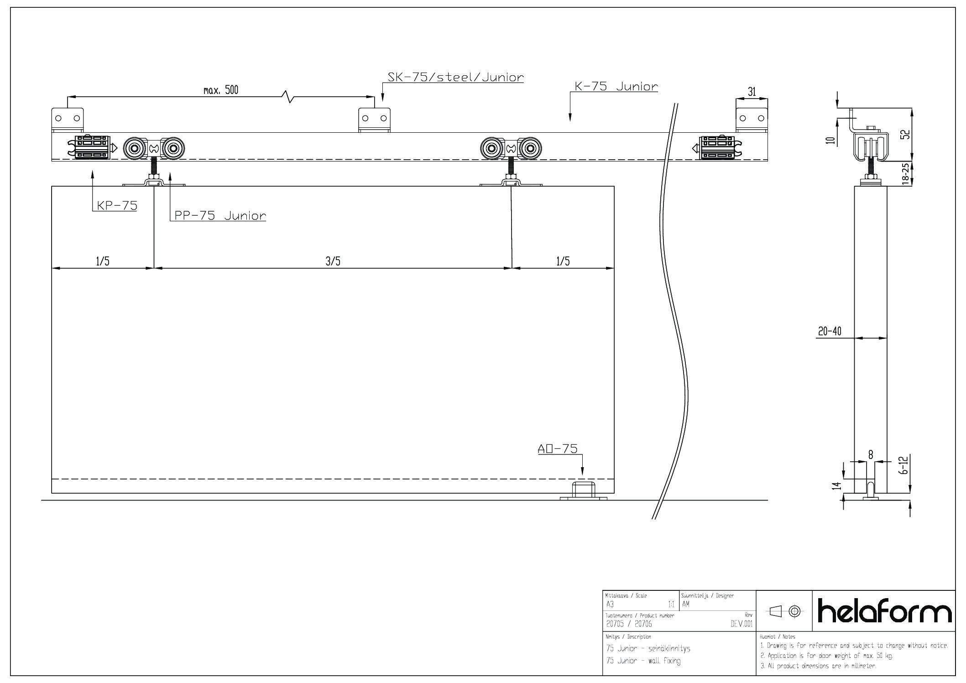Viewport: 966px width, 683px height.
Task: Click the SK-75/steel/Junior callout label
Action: pyautogui.click(x=455, y=77)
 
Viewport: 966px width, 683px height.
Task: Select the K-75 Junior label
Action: pyautogui.click(x=616, y=87)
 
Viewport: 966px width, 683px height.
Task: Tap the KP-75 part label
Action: pyautogui.click(x=117, y=206)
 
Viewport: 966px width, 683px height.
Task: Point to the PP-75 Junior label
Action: pyautogui.click(x=220, y=216)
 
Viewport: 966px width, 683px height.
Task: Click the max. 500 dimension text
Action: pyautogui.click(x=221, y=90)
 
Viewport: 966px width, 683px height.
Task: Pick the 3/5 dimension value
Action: pyautogui.click(x=333, y=261)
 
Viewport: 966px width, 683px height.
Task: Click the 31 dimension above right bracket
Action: pyautogui.click(x=752, y=92)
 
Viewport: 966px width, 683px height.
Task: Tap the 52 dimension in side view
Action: pyautogui.click(x=906, y=134)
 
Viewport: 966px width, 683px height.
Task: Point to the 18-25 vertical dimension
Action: pyautogui.click(x=906, y=174)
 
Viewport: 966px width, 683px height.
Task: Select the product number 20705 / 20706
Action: pyautogui.click(x=625, y=624)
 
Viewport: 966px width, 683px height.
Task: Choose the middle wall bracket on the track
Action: pyautogui.click(x=375, y=120)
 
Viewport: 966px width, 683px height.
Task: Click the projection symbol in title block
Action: pyautogui.click(x=784, y=610)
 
